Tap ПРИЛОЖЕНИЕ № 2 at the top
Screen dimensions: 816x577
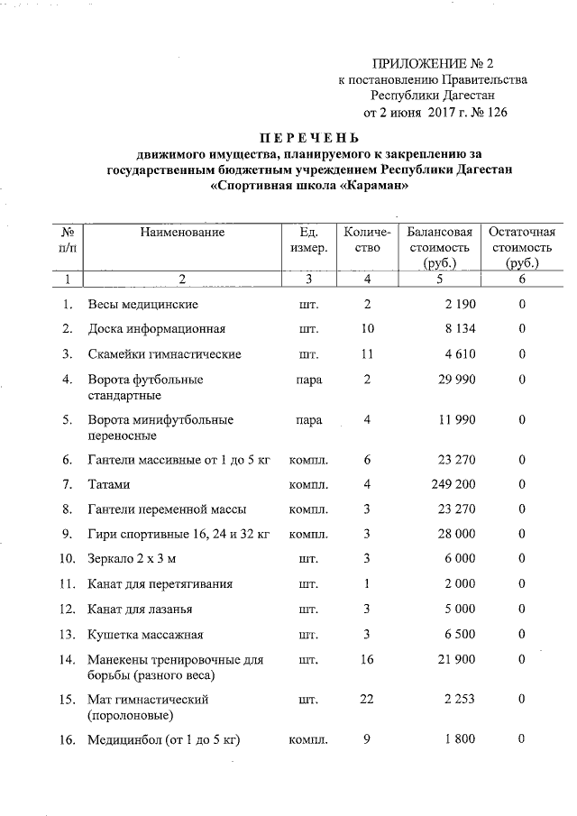pyautogui.click(x=434, y=63)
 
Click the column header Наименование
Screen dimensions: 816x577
pyautogui.click(x=182, y=232)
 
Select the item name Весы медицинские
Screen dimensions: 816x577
pyautogui.click(x=142, y=304)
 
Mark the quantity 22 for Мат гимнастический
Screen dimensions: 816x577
pyautogui.click(x=366, y=699)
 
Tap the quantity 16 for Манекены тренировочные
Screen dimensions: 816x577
pyautogui.click(x=366, y=660)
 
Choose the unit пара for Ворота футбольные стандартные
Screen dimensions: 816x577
pyautogui.click(x=308, y=380)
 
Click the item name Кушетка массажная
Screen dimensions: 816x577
pyautogui.click(x=144, y=634)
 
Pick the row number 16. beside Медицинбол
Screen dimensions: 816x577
pyautogui.click(x=67, y=740)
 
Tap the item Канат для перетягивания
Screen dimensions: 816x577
pyautogui.click(x=153, y=583)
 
